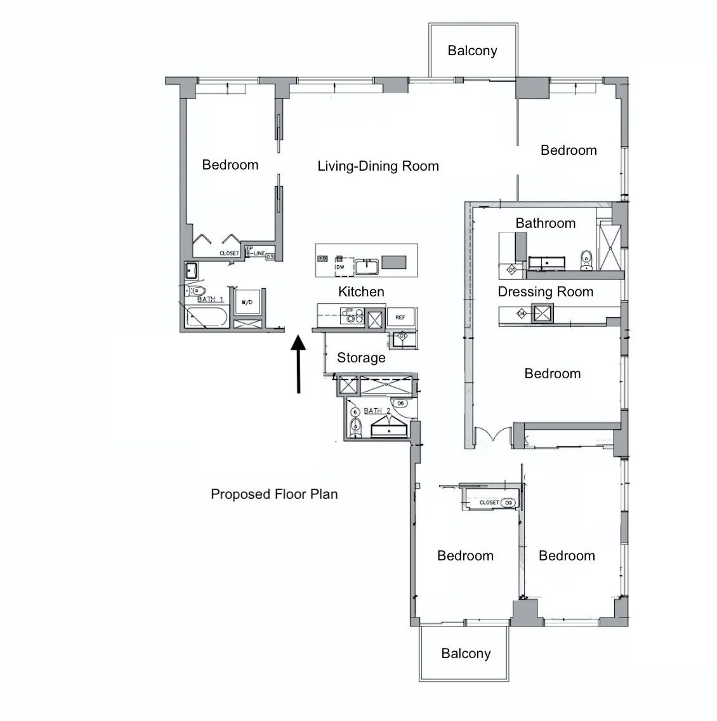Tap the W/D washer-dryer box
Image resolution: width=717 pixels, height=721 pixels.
click(x=247, y=303)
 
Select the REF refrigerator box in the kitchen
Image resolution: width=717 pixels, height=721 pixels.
click(x=400, y=317)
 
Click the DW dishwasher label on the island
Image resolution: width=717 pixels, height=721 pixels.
click(x=340, y=267)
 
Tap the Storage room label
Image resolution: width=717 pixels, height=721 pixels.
click(x=361, y=358)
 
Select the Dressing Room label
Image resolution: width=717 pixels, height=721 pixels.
click(x=545, y=292)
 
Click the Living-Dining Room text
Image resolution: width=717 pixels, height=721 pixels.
click(x=378, y=166)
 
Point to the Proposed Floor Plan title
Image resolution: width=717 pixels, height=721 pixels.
click(x=274, y=494)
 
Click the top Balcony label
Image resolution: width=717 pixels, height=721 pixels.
click(x=472, y=51)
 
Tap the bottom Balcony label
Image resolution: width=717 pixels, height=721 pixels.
click(x=466, y=654)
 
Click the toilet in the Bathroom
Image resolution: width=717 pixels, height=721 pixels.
click(x=586, y=260)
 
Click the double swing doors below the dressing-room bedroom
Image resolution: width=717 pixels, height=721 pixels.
click(x=494, y=437)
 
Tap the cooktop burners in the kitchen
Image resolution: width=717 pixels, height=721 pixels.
click(x=350, y=315)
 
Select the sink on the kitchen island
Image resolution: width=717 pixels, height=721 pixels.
click(x=367, y=267)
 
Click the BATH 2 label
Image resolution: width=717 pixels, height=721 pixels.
click(x=377, y=411)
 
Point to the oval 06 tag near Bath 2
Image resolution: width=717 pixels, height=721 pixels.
click(x=400, y=403)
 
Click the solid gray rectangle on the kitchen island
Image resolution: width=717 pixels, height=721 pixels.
click(x=393, y=262)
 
